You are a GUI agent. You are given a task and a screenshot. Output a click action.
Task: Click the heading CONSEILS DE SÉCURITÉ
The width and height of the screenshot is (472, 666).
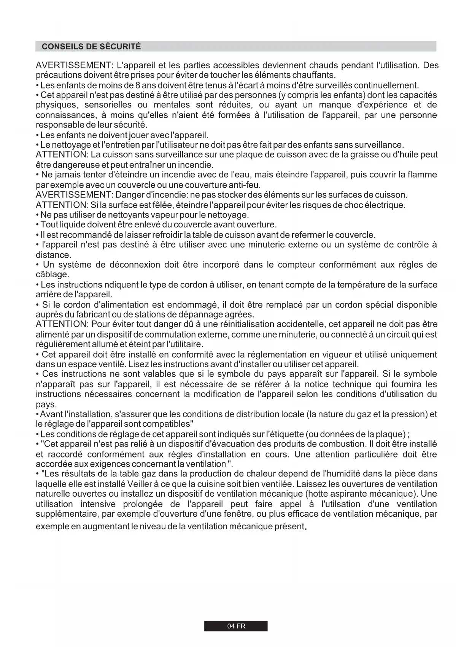pos(91,47)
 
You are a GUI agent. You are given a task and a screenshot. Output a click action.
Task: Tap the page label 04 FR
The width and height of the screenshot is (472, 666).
pos(236,626)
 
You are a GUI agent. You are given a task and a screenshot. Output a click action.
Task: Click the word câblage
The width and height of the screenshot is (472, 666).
pos(52,275)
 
